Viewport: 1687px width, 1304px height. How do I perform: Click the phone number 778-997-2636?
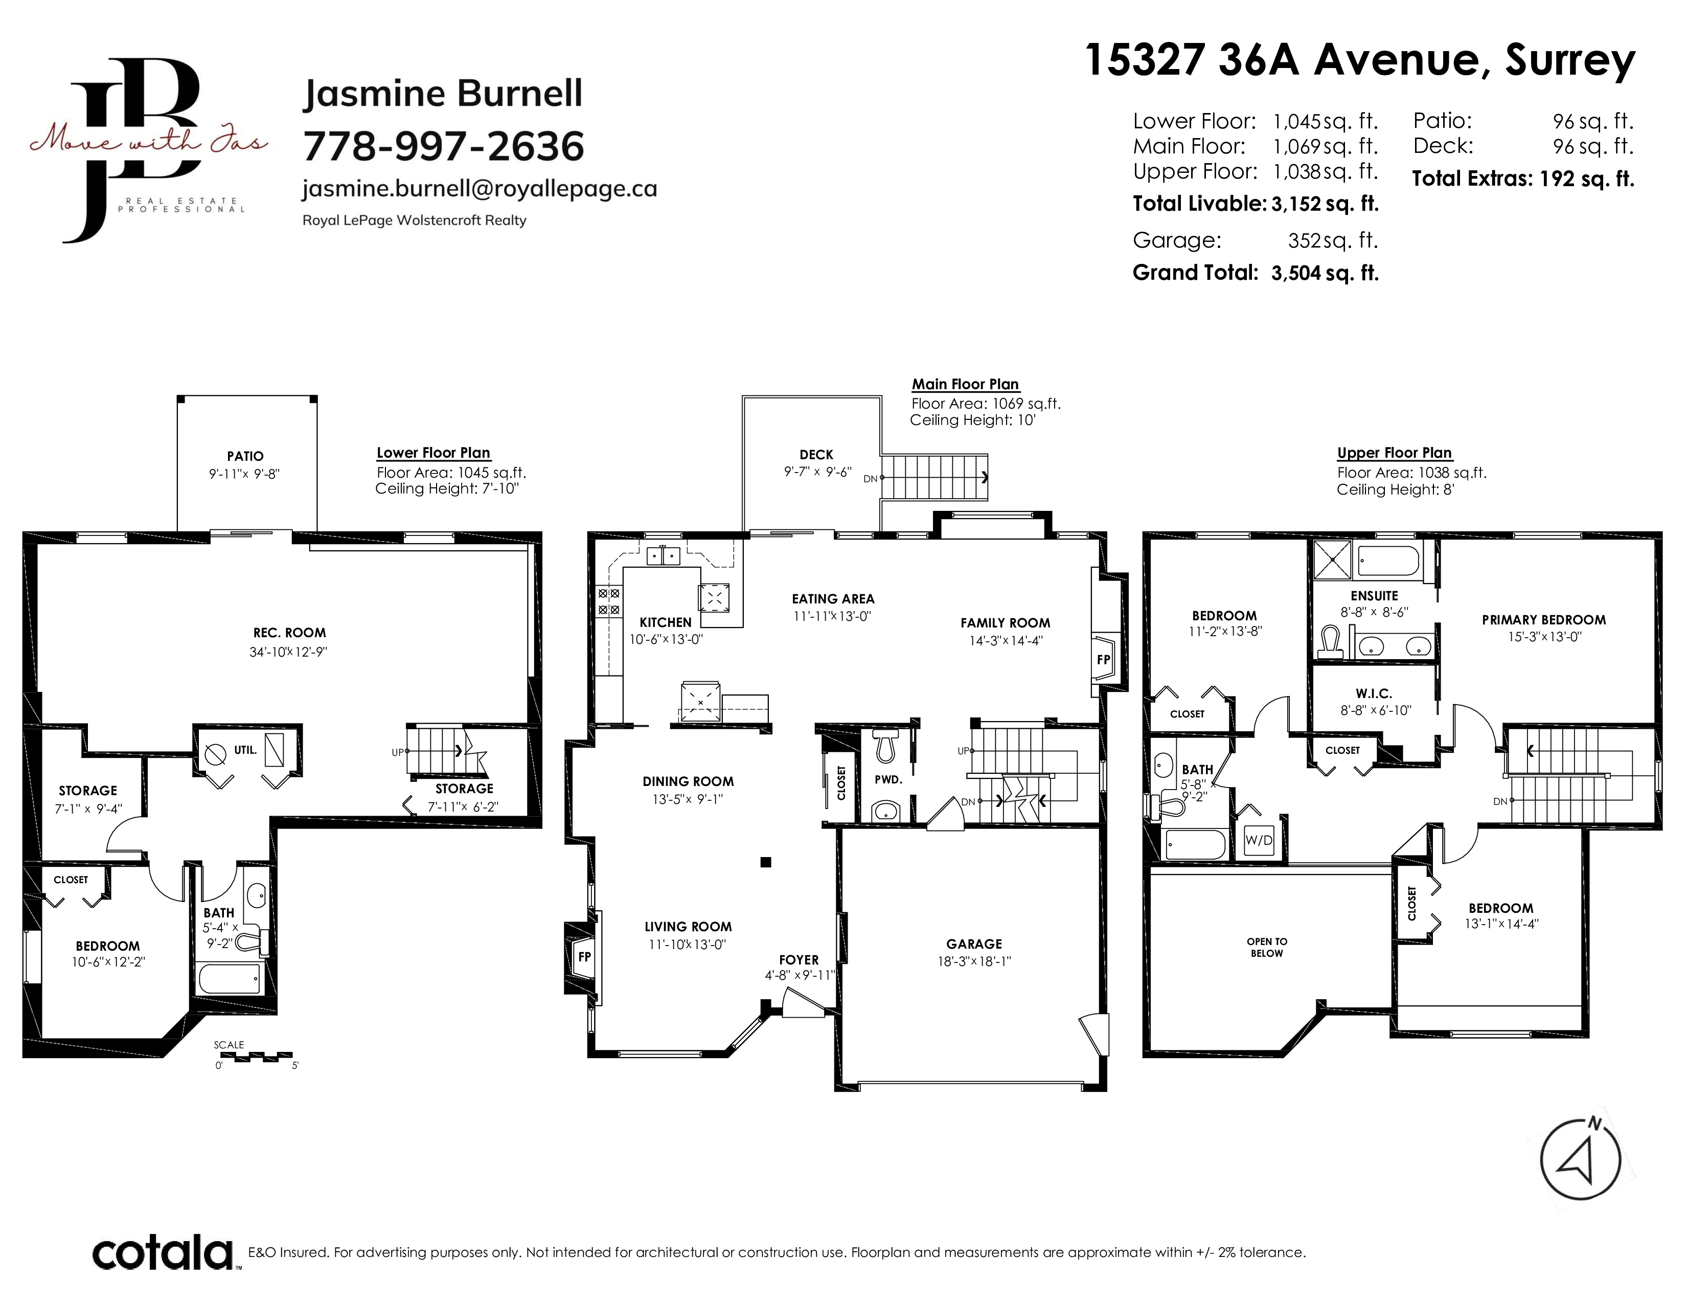[x=443, y=146]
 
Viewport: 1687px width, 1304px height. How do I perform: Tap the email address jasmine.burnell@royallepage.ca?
[x=480, y=189]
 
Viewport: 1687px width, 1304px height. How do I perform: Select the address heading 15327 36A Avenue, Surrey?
[x=1360, y=59]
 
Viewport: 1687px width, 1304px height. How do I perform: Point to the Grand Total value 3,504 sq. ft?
[x=1325, y=273]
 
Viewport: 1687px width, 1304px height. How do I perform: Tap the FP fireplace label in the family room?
[x=1103, y=660]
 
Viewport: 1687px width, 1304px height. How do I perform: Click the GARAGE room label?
[x=974, y=944]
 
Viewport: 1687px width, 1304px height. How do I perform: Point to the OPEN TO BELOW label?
[x=1267, y=947]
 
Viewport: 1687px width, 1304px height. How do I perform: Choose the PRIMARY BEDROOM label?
[x=1543, y=620]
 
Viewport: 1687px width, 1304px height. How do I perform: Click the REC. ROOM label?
[x=289, y=633]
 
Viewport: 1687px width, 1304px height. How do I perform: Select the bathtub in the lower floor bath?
[x=230, y=979]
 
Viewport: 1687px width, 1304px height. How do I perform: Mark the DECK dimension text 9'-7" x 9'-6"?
[x=817, y=472]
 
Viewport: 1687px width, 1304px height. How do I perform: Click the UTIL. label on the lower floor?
[x=245, y=749]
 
